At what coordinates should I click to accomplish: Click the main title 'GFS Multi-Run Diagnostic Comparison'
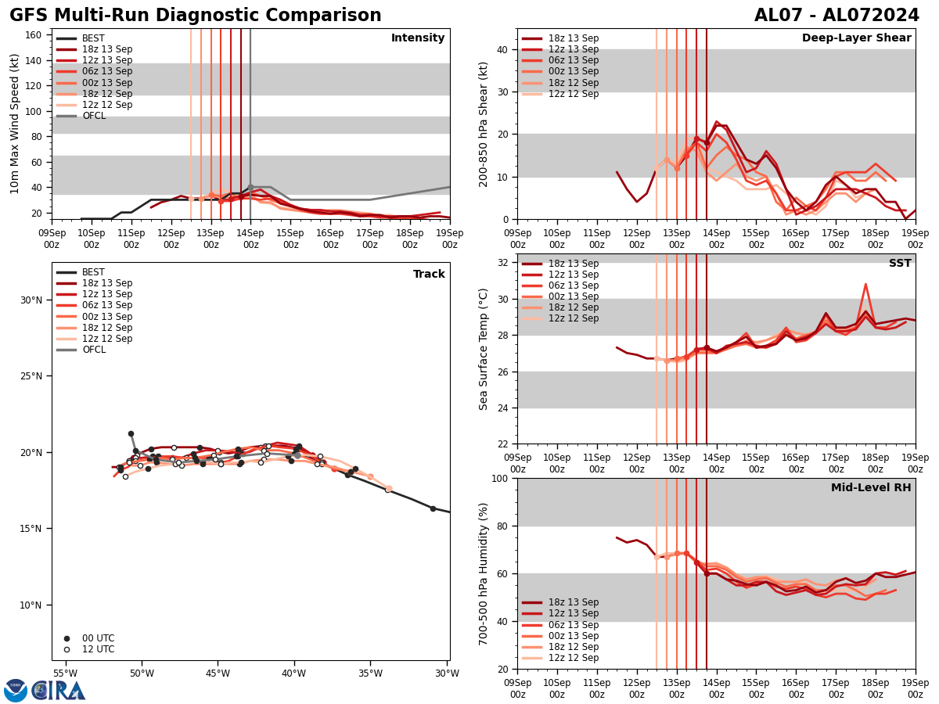pos(196,16)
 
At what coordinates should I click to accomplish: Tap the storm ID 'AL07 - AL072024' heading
pos(836,16)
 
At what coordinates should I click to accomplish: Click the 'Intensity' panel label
pos(418,38)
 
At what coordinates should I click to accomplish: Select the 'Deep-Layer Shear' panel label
pos(856,38)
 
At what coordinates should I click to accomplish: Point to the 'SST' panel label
pos(900,264)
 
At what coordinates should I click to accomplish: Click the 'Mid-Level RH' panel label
pos(871,488)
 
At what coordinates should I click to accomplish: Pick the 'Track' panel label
pos(429,275)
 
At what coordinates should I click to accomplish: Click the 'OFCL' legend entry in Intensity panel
pos(93,116)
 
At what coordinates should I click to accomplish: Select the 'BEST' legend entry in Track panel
pos(93,272)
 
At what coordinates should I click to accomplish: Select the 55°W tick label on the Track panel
pos(65,674)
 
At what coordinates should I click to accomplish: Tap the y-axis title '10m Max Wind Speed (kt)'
pos(15,124)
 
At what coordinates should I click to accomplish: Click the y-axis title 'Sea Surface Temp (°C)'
pos(484,349)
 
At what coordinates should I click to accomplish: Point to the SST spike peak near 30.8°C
pos(865,284)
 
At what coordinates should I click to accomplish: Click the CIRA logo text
pos(59,691)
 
